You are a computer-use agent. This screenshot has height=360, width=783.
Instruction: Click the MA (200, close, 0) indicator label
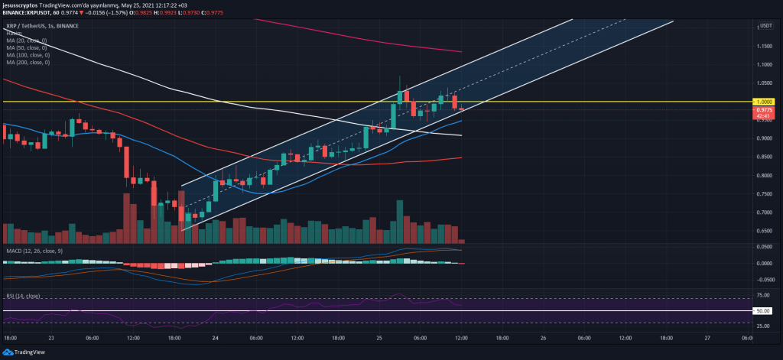pos(27,62)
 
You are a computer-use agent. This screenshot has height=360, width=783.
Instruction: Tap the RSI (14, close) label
pos(23,296)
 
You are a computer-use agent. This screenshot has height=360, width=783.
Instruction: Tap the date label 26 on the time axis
pos(541,338)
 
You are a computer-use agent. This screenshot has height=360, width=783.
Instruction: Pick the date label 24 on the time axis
pos(215,338)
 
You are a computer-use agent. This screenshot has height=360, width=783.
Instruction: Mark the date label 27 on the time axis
pos(707,338)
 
